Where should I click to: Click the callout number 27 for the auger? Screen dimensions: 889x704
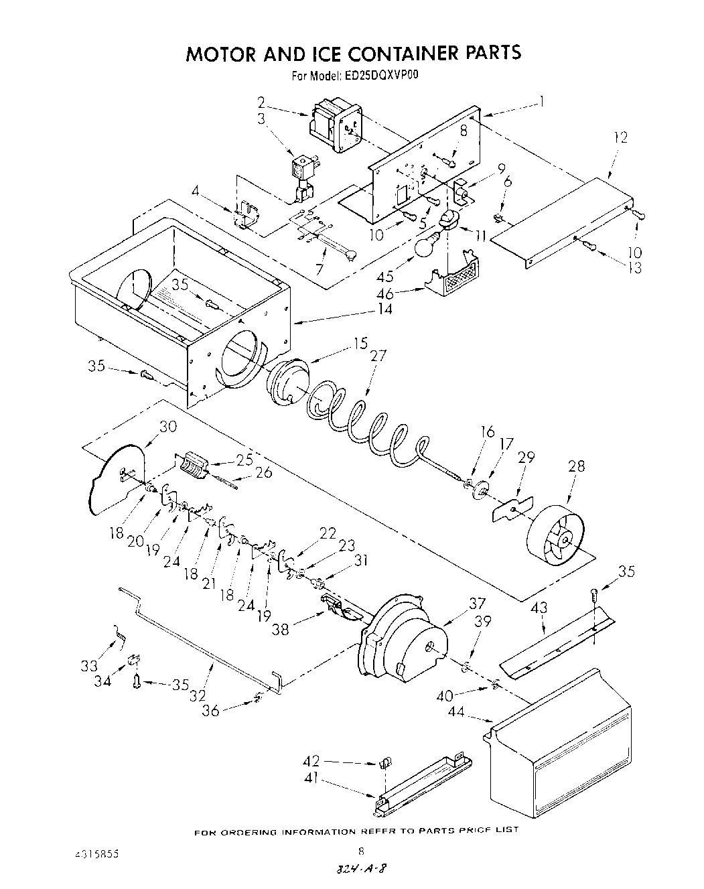tap(378, 356)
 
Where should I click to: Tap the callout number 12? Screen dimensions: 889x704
tap(620, 137)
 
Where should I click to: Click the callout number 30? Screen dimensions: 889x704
tap(167, 426)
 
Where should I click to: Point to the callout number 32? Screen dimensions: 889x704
tap(197, 695)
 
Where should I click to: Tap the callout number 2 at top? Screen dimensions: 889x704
tap(261, 102)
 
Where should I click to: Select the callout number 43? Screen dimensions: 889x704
tap(539, 608)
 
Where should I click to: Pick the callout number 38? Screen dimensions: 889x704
tap(281, 630)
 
